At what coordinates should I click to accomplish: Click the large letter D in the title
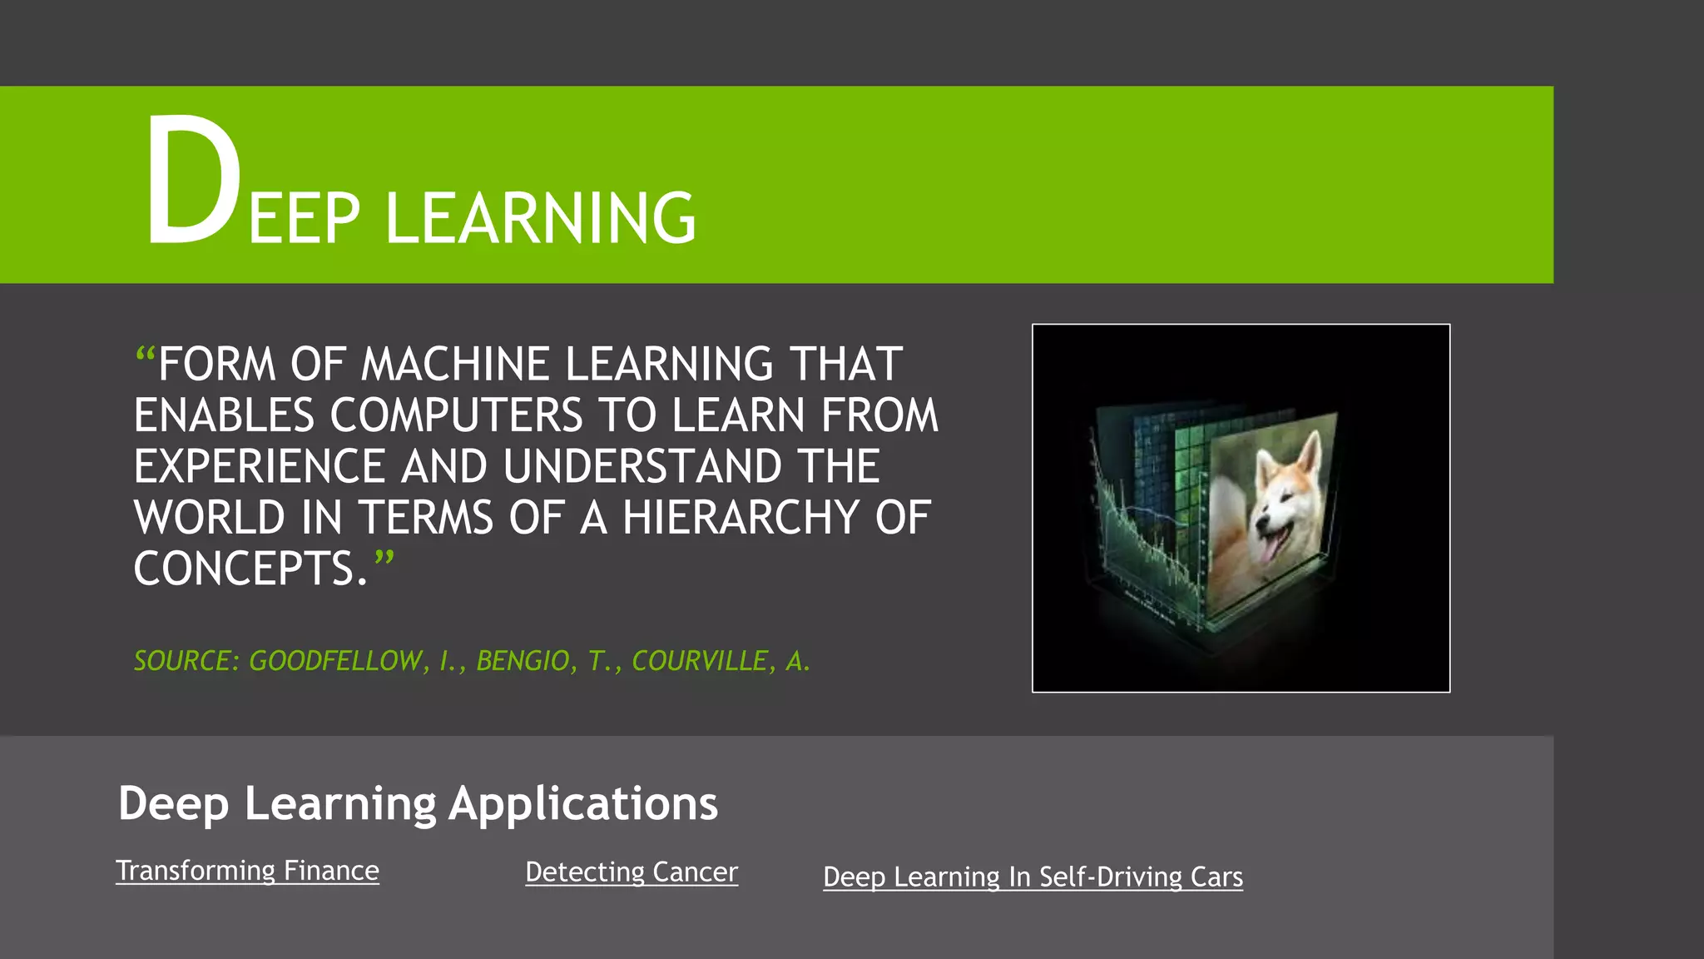click(x=193, y=181)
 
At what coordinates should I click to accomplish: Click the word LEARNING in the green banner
click(x=541, y=218)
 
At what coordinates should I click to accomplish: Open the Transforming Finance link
click(x=247, y=871)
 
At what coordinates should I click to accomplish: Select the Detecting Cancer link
click(x=632, y=872)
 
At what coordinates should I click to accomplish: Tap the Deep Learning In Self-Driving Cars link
click(x=1033, y=877)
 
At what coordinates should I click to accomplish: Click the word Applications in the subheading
click(x=583, y=804)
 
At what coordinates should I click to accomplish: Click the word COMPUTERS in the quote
click(x=456, y=415)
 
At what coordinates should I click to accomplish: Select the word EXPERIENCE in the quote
click(x=259, y=466)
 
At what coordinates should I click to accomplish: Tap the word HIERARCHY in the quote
click(x=741, y=518)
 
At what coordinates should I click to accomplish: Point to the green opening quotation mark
click(x=145, y=358)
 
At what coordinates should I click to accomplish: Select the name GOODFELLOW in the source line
click(x=334, y=661)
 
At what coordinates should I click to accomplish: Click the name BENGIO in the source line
click(x=523, y=661)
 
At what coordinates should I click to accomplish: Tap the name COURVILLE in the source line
click(x=699, y=661)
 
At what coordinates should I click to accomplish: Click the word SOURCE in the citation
click(x=181, y=661)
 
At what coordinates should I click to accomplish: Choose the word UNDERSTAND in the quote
click(x=641, y=466)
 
